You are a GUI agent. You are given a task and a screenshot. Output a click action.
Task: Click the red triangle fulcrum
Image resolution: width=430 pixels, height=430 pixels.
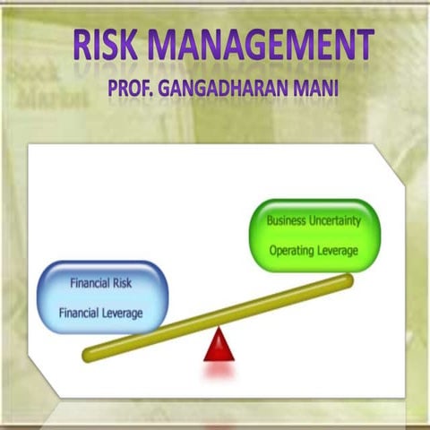click(x=218, y=346)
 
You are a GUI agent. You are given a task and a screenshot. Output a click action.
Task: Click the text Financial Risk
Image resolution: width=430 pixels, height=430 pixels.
click(x=101, y=284)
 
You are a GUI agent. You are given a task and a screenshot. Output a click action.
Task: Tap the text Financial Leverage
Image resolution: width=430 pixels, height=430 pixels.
click(x=100, y=313)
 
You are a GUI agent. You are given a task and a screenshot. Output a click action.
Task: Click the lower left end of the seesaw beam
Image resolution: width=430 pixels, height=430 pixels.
click(x=90, y=355)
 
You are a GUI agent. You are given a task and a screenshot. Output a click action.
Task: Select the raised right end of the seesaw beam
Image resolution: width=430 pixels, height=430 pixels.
click(x=346, y=281)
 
